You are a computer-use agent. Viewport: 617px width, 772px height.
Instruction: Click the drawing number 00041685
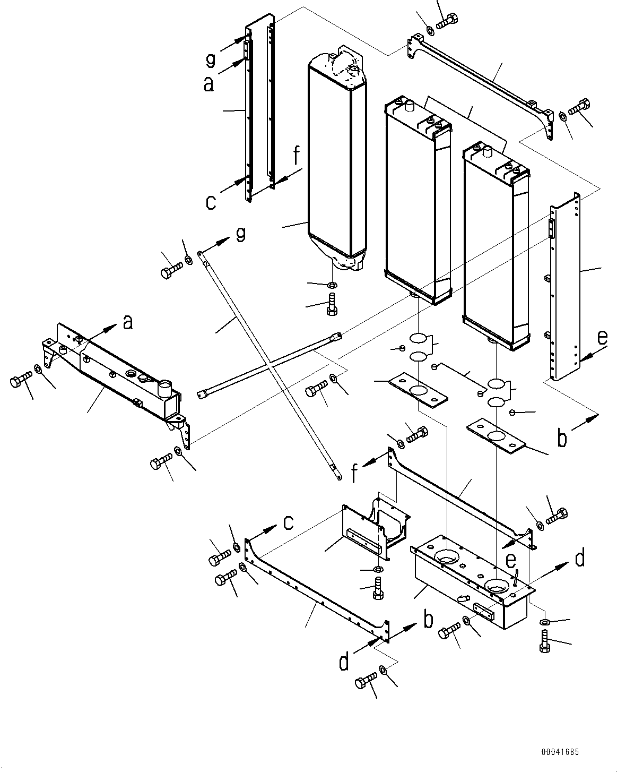(x=560, y=752)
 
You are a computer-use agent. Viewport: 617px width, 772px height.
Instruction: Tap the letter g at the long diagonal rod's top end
(x=240, y=234)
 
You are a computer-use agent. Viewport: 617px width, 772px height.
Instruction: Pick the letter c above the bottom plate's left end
(x=287, y=523)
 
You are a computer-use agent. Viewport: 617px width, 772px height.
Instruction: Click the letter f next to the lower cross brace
(x=355, y=472)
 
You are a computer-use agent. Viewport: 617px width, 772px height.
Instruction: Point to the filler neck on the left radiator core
(x=409, y=107)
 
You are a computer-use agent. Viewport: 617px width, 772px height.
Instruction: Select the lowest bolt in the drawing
(x=366, y=682)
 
